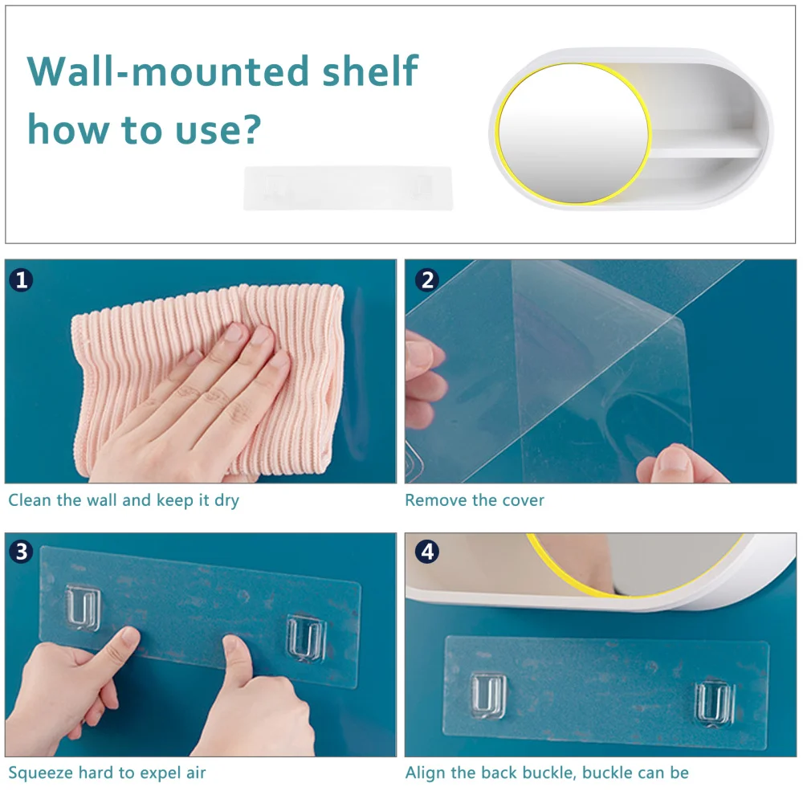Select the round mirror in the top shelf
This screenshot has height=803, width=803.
(x=573, y=133)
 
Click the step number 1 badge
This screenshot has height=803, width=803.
(x=21, y=280)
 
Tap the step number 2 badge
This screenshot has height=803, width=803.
(x=428, y=280)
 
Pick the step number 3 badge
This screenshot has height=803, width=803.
(x=21, y=552)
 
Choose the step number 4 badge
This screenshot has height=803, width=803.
(x=428, y=552)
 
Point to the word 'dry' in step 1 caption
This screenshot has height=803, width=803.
(x=227, y=500)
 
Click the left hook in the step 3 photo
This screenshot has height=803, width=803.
(x=83, y=608)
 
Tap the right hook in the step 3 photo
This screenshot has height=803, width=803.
(x=306, y=638)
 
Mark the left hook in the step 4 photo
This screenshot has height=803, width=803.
(x=488, y=695)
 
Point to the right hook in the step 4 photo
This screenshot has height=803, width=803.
(x=714, y=703)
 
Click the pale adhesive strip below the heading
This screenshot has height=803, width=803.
(x=349, y=188)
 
